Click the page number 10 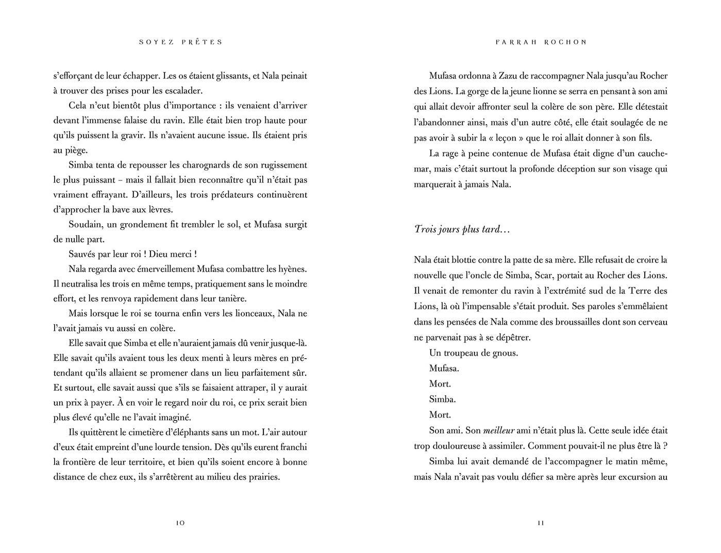(180, 523)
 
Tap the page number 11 (541, 523)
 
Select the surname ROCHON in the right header (565, 42)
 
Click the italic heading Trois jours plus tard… (462, 229)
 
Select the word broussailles (581, 322)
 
